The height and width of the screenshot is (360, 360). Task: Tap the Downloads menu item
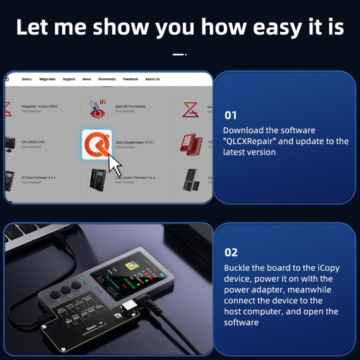click(x=107, y=79)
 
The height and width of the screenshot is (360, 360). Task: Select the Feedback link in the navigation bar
click(x=131, y=79)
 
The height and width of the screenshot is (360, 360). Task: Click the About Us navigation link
click(x=153, y=79)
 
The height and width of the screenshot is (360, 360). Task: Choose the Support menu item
click(x=69, y=79)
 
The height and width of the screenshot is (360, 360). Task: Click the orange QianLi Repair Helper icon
click(x=96, y=144)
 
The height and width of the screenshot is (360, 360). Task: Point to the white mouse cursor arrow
click(x=115, y=165)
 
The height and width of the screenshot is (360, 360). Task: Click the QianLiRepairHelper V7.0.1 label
click(x=134, y=143)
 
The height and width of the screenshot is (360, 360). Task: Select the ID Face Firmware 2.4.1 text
click(x=38, y=178)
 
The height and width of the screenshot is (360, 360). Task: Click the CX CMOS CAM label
click(x=33, y=142)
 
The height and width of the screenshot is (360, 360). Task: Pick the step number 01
click(x=230, y=115)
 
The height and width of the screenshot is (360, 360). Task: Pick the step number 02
click(x=231, y=252)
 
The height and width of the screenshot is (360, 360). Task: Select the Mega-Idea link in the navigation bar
click(x=48, y=79)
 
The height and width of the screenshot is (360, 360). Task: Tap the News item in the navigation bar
click(x=86, y=79)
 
